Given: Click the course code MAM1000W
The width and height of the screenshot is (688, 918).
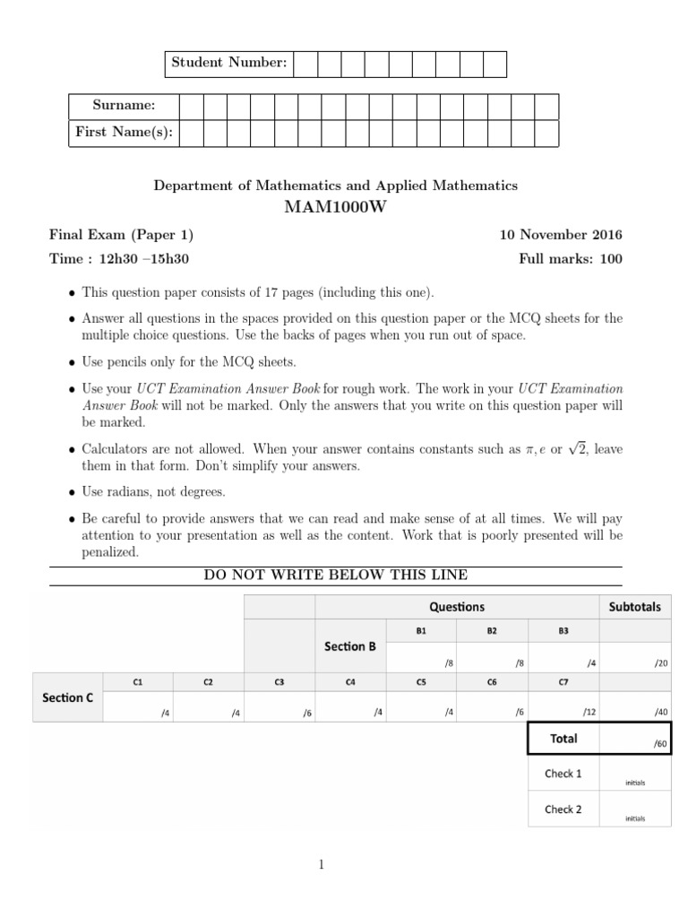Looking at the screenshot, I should point(335,208).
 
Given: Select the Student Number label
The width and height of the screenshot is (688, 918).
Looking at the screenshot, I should point(229,63).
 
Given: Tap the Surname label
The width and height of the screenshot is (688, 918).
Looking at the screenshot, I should point(124,106).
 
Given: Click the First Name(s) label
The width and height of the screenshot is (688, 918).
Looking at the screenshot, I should point(124,133).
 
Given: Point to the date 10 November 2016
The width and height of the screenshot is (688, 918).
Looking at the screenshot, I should point(560,235).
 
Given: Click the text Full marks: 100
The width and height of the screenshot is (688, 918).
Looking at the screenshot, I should point(570,259).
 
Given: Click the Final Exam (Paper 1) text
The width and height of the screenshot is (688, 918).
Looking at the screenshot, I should point(120,235).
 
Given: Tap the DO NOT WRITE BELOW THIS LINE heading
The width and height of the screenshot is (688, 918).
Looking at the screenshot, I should point(335,575).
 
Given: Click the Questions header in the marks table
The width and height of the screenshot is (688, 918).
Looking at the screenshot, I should point(457,607).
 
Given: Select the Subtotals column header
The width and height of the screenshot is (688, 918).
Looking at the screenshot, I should point(634,607).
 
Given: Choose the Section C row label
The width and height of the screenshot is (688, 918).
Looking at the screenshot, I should point(68,697).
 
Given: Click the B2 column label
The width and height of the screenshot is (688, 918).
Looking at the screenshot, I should point(492,631).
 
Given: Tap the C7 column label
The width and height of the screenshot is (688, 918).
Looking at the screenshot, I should point(563,681).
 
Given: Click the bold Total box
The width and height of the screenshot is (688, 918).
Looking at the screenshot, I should point(563,739).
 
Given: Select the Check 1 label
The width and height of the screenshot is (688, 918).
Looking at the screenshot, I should point(563,774).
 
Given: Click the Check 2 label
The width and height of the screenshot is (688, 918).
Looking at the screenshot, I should point(563,809).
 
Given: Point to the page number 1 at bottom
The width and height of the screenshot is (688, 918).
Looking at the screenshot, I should point(322,864).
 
